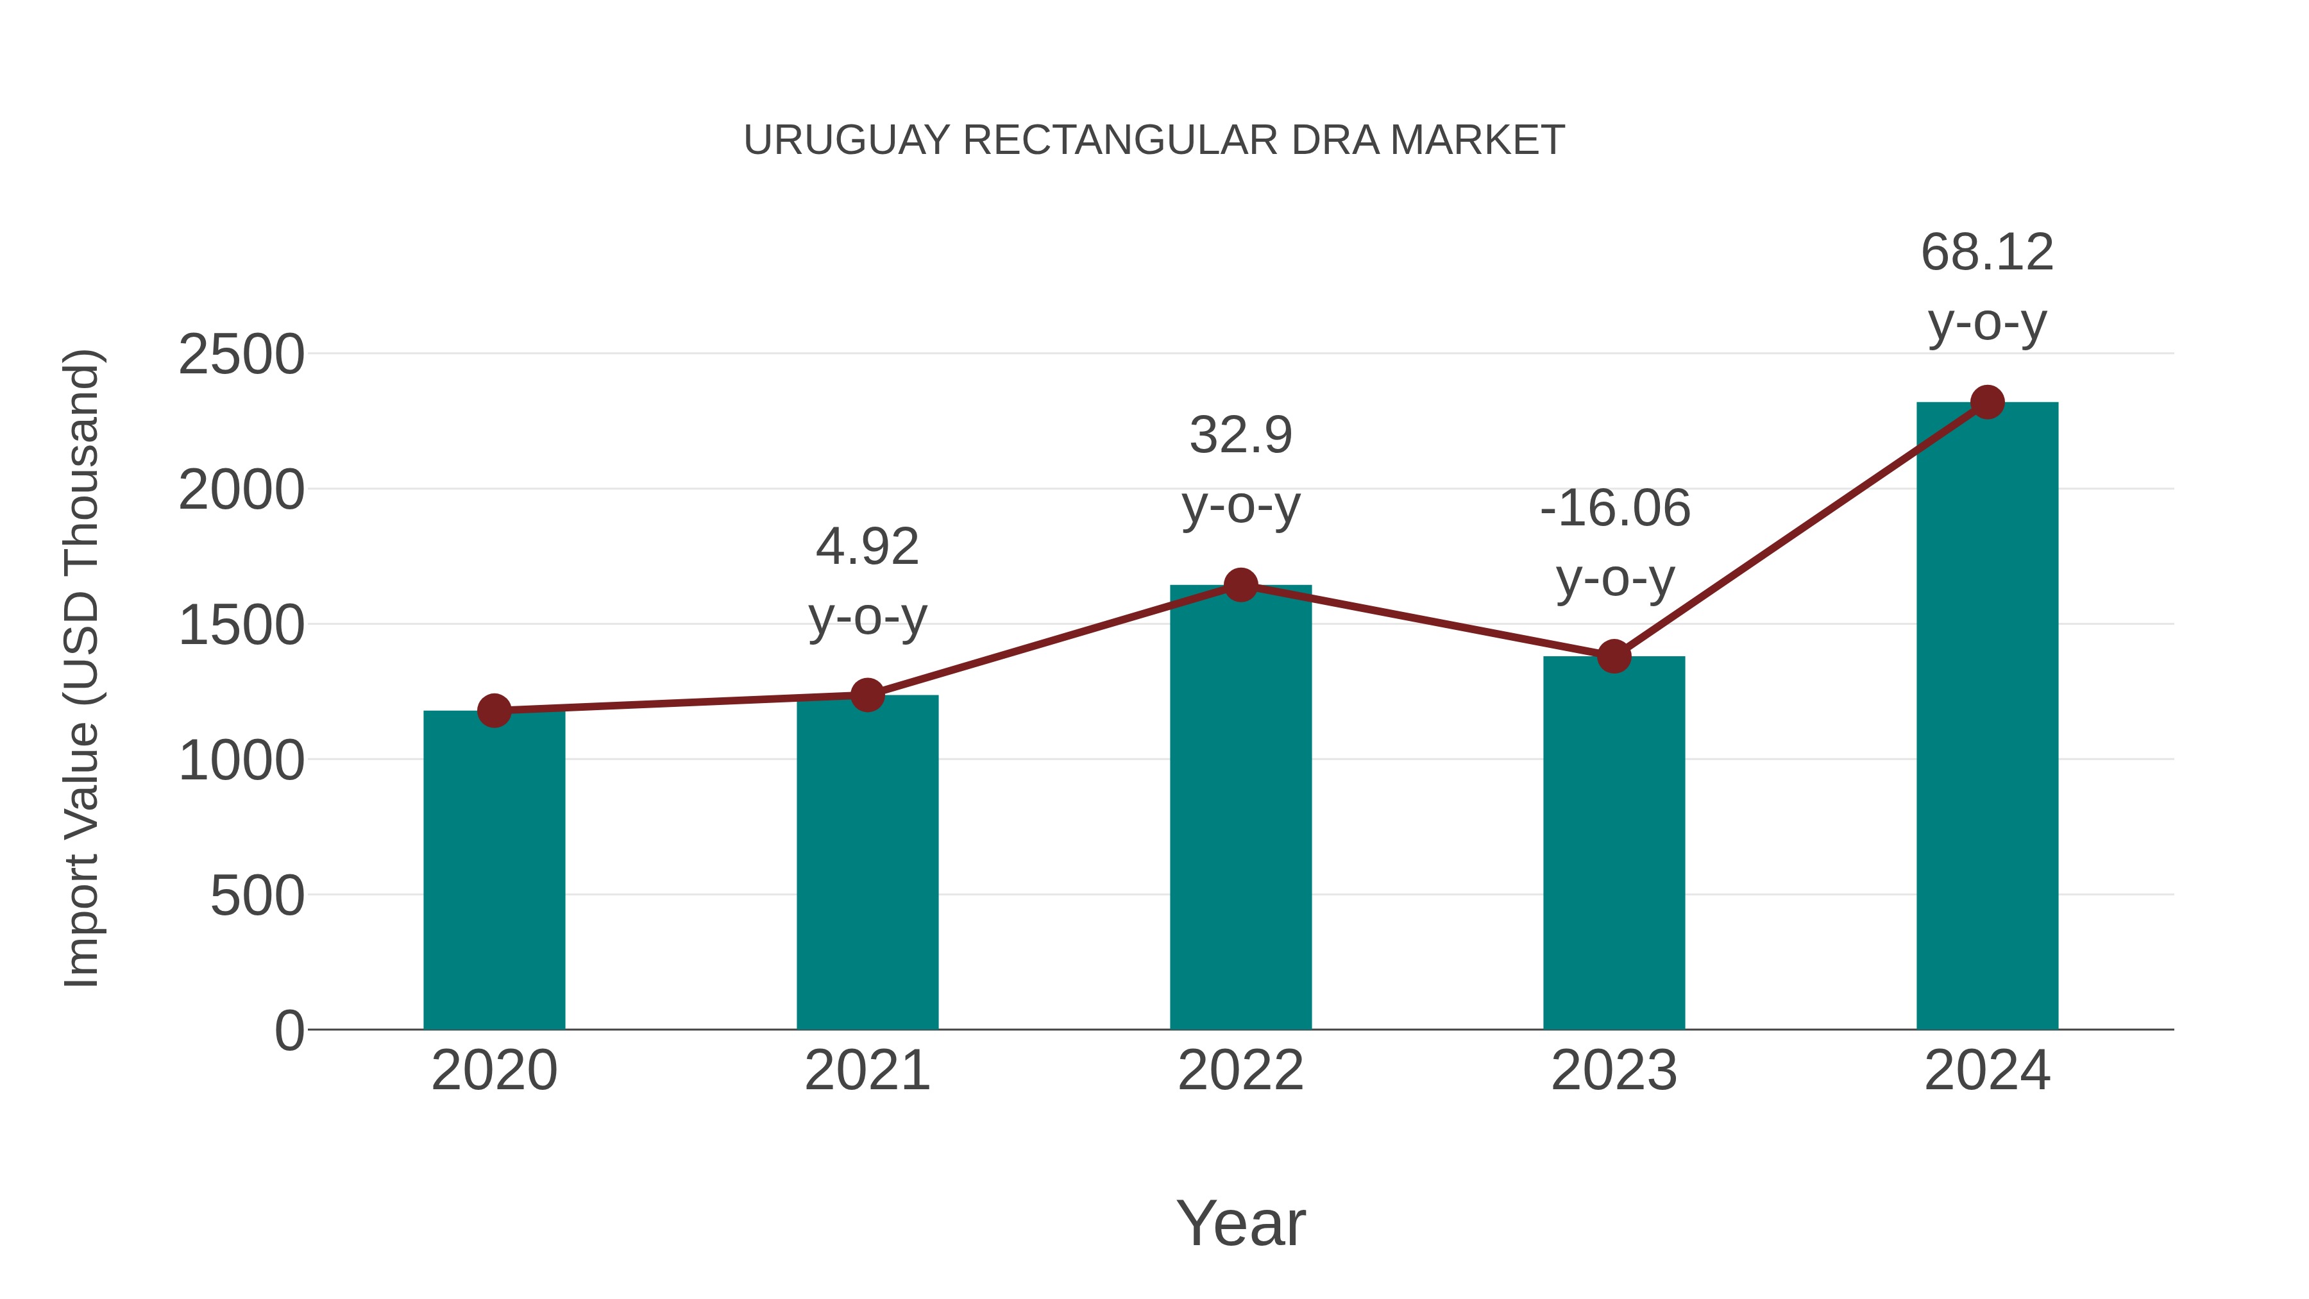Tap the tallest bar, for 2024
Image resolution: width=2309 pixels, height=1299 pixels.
click(x=1987, y=717)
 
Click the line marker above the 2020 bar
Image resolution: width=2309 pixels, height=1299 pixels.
click(x=494, y=711)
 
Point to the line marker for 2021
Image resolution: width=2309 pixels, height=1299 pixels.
click(x=867, y=695)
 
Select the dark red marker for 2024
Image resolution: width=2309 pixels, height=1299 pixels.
click(x=1987, y=402)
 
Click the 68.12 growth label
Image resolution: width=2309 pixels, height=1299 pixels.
click(x=1987, y=253)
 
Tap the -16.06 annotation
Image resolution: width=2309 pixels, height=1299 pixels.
click(x=1614, y=508)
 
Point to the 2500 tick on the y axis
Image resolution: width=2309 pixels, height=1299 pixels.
click(x=241, y=355)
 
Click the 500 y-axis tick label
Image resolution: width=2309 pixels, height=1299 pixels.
click(x=257, y=896)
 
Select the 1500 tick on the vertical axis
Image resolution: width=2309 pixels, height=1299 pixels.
click(x=241, y=625)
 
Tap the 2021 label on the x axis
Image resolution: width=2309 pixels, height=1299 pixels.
click(x=867, y=1071)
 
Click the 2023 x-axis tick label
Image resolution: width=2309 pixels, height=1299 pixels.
click(x=1614, y=1071)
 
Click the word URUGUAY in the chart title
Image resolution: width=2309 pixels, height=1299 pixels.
click(x=846, y=140)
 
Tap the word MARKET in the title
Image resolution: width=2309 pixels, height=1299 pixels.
click(x=1477, y=140)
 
